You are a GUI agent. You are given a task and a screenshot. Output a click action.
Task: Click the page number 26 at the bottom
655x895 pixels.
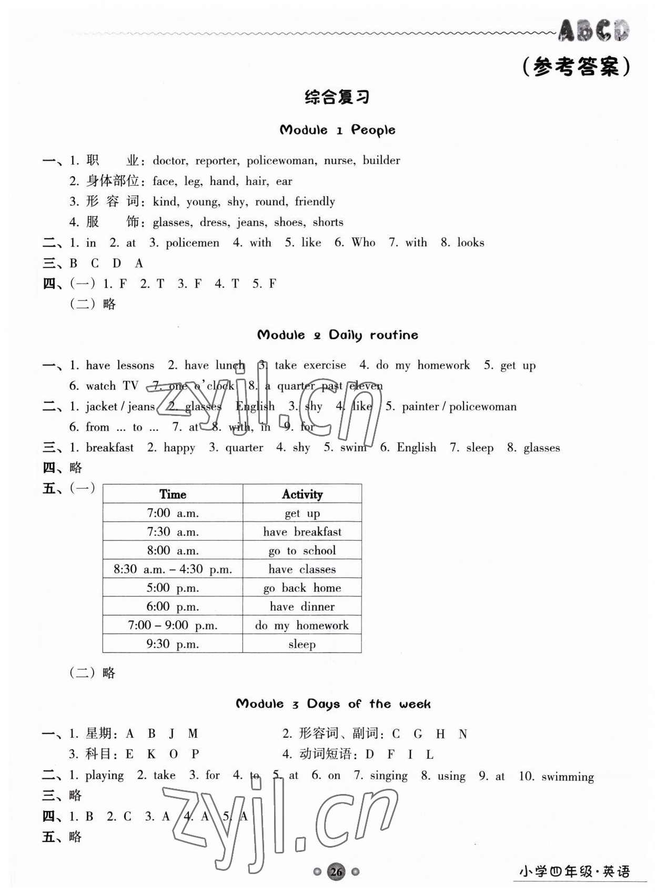click(336, 872)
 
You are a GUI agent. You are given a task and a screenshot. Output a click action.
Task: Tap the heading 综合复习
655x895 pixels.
click(337, 97)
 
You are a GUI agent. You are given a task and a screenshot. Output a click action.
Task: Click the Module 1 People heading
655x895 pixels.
click(337, 130)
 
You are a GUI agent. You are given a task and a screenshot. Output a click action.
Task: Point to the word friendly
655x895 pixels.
click(315, 201)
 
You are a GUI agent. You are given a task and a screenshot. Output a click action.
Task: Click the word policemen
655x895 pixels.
click(192, 243)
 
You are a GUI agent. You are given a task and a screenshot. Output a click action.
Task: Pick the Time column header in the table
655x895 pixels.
click(173, 494)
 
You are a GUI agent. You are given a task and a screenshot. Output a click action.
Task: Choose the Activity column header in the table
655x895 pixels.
click(302, 494)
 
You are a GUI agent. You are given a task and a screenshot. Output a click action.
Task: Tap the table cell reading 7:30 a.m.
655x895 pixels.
click(173, 532)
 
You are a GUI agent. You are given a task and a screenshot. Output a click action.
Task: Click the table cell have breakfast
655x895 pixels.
click(302, 532)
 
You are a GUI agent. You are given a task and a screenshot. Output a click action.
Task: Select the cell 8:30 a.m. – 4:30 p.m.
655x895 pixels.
click(173, 569)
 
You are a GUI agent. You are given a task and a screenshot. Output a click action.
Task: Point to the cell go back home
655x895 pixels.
click(302, 588)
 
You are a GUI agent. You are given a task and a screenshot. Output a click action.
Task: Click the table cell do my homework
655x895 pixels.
click(302, 625)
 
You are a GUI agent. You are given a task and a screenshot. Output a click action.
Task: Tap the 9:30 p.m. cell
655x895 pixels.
click(173, 644)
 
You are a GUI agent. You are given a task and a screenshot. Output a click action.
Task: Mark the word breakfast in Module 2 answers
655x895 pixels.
click(109, 447)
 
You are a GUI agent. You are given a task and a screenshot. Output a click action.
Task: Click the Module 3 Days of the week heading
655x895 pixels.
click(333, 704)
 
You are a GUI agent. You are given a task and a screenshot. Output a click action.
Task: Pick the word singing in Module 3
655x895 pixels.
click(388, 776)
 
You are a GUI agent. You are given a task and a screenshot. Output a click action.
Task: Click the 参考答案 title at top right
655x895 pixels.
click(576, 67)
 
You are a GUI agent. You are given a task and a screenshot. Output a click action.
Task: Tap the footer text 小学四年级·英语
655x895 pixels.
click(574, 872)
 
